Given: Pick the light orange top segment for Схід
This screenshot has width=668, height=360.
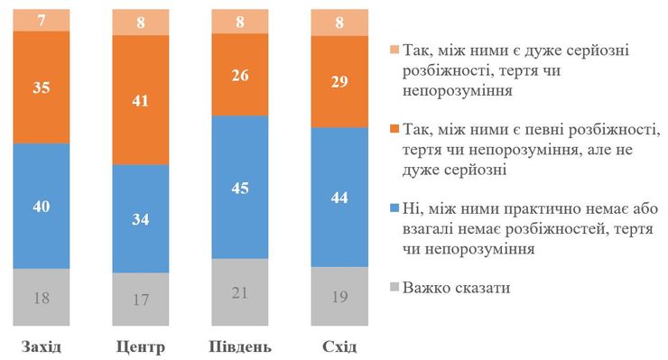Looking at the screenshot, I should [339, 22].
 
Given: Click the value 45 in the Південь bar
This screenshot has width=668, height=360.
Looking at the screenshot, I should [240, 189].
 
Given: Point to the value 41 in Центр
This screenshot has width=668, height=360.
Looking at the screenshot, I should [141, 101].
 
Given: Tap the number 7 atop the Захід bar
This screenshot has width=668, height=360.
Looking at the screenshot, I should [42, 18].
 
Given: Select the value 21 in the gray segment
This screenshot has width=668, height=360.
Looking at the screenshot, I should [240, 292].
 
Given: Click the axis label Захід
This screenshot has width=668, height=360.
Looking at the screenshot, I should [42, 346].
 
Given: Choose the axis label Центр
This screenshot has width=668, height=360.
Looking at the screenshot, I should [141, 346].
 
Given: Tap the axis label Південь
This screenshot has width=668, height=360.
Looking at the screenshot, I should [240, 346].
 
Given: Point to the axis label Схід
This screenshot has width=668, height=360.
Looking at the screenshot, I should [339, 346].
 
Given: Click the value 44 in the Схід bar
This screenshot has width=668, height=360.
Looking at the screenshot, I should [339, 197].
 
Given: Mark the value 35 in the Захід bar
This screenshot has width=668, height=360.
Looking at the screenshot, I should [42, 87].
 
